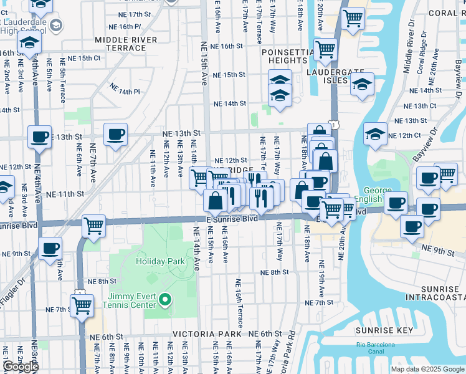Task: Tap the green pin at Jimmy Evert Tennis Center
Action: pyautogui.click(x=165, y=301)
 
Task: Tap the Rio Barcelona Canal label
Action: pyautogui.click(x=376, y=348)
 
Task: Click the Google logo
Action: pyautogui.click(x=21, y=367)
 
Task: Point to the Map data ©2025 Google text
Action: pyautogui.click(x=427, y=369)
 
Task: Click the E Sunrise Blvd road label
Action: pyautogui.click(x=232, y=219)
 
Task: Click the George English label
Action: pyautogui.click(x=373, y=195)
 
